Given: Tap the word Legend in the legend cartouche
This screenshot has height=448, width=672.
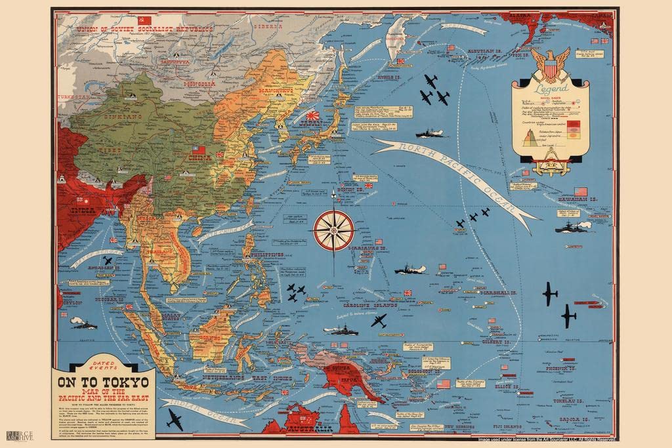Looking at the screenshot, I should (x=550, y=90).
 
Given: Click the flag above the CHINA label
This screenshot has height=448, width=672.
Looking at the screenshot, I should (x=198, y=150).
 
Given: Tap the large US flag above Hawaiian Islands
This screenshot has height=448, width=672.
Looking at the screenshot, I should (x=580, y=192).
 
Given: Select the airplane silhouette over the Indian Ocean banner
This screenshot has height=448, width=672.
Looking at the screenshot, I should (x=174, y=419).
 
